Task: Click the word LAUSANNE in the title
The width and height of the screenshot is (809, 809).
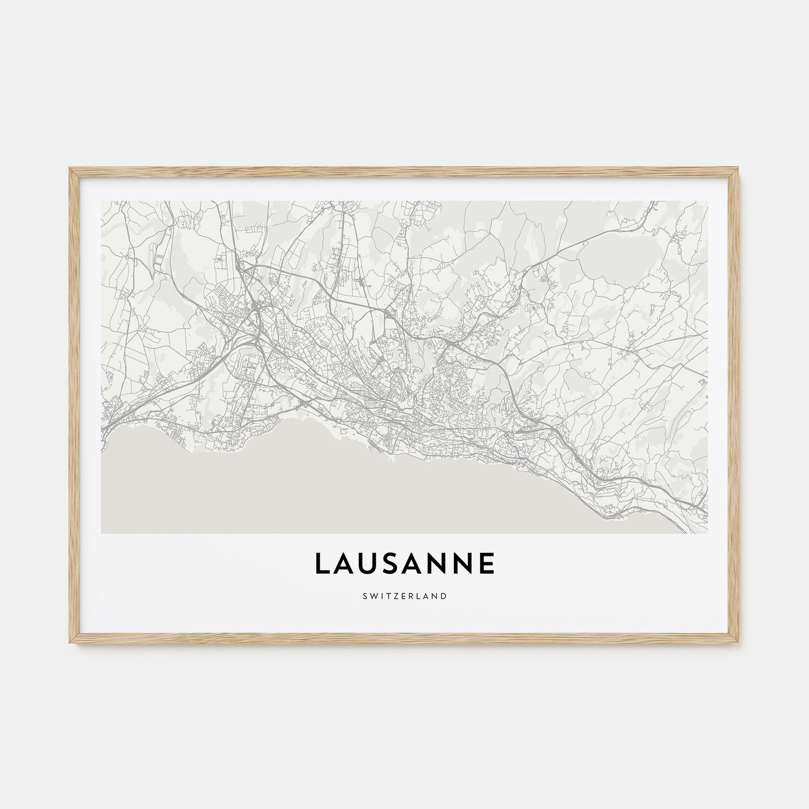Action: tap(404, 563)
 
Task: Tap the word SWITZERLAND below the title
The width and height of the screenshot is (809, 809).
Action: tap(404, 596)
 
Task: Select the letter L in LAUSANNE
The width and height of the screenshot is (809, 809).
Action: tap(322, 563)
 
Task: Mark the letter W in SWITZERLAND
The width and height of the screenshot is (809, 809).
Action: tap(373, 596)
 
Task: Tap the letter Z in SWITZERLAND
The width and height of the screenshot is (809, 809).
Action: tap(394, 596)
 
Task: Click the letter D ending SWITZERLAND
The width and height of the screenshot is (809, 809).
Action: tap(443, 596)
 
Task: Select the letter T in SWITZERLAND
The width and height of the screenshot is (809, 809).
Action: tap(386, 596)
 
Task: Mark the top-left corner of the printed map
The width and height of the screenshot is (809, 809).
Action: tap(101, 201)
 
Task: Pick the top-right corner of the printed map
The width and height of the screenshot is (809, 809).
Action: tap(708, 201)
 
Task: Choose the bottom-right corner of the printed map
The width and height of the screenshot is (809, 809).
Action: tap(708, 533)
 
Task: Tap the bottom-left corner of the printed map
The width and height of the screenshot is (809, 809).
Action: tap(101, 533)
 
